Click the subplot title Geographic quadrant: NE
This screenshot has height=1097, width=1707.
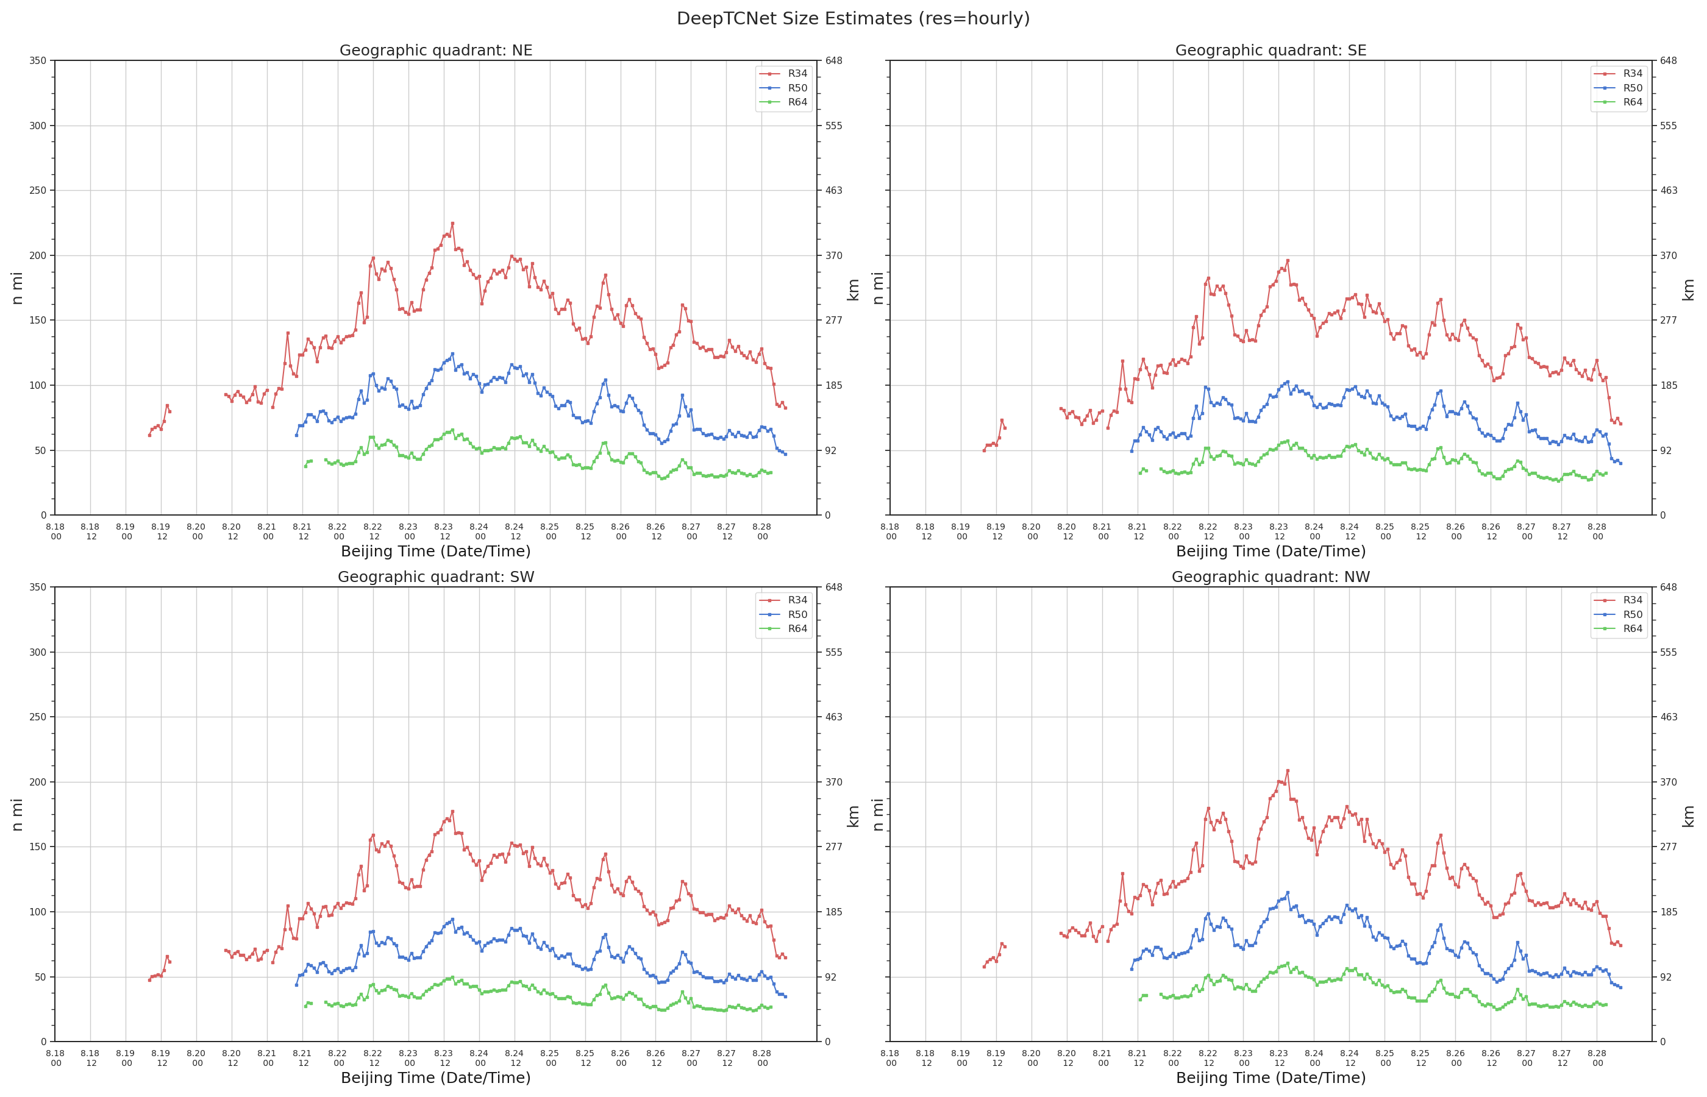coord(435,51)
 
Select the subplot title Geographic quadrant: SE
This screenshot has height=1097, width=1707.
coord(1270,51)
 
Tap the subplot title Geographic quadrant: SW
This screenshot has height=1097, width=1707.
coord(435,577)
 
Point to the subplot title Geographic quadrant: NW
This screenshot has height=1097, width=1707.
coord(1270,577)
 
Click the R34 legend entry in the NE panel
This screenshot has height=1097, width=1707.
coord(783,73)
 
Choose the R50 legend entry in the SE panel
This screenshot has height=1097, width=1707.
coord(1618,88)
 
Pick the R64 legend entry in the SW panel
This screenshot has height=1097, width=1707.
coord(783,628)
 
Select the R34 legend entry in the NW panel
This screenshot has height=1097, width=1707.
coord(1618,600)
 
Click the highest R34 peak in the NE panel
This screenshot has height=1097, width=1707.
coord(452,223)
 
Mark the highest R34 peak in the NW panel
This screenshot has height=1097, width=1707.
coord(1287,770)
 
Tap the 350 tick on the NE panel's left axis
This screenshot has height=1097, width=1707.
coord(38,60)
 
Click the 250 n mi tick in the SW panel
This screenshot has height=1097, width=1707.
coord(38,717)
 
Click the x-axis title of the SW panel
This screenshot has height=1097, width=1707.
coord(435,1077)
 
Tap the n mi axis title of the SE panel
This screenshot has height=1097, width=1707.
coord(878,288)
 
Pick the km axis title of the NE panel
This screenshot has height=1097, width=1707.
coord(853,289)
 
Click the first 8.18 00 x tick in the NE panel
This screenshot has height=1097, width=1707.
coord(55,531)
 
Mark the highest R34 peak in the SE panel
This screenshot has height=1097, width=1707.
coord(1288,261)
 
